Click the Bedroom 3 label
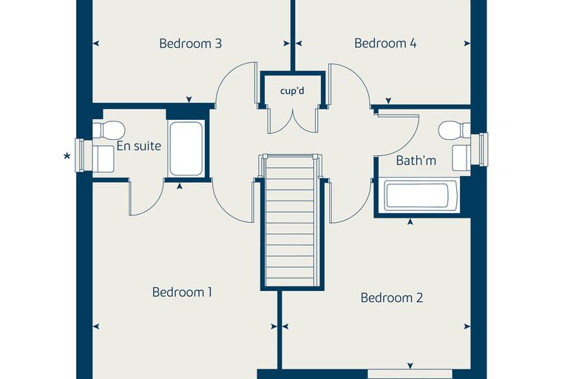coord(190,44)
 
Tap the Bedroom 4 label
coord(385,43)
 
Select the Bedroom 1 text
coord(182,292)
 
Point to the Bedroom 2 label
coord(391,298)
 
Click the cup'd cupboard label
coord(292,91)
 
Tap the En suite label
coord(139,146)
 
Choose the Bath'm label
coord(416,161)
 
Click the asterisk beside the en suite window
coord(67,156)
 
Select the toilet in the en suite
coord(109,130)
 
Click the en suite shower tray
coord(186,149)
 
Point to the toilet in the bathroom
coord(454,130)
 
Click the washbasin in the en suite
coord(104,158)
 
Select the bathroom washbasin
coord(461,158)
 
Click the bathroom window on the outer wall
coord(480,150)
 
